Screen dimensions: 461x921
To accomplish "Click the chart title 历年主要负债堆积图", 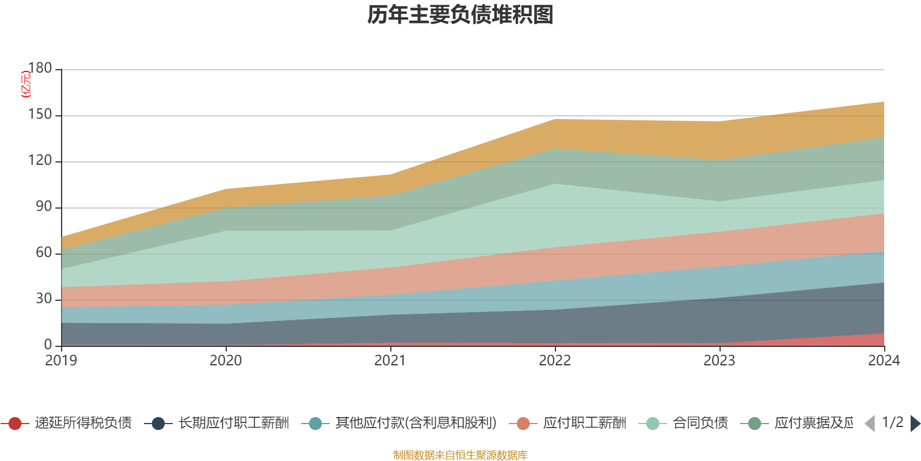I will tap(461, 15).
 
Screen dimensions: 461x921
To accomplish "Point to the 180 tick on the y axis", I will tap(40, 69).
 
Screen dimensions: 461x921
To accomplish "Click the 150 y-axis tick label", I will tap(40, 115).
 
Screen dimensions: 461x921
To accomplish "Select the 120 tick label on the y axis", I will tap(40, 161).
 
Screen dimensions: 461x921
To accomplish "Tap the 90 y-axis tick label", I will tap(43, 207).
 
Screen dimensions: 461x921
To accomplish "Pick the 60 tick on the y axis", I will tap(43, 253).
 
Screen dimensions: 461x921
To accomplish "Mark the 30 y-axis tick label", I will tap(43, 299).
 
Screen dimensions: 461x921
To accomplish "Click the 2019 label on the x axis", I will tap(61, 361).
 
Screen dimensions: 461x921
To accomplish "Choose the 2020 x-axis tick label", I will tap(226, 361).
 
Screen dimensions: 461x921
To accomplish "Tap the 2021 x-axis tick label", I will tap(390, 361).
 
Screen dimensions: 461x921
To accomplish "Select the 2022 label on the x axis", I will tap(555, 361).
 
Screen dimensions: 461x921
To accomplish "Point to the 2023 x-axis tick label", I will tap(720, 361).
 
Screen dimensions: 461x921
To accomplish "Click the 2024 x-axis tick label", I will tap(884, 361).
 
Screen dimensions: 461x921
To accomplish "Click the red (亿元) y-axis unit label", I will tap(26, 84).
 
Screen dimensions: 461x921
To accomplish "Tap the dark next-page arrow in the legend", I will tap(915, 424).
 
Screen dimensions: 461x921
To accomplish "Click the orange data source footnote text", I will tap(461, 455).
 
